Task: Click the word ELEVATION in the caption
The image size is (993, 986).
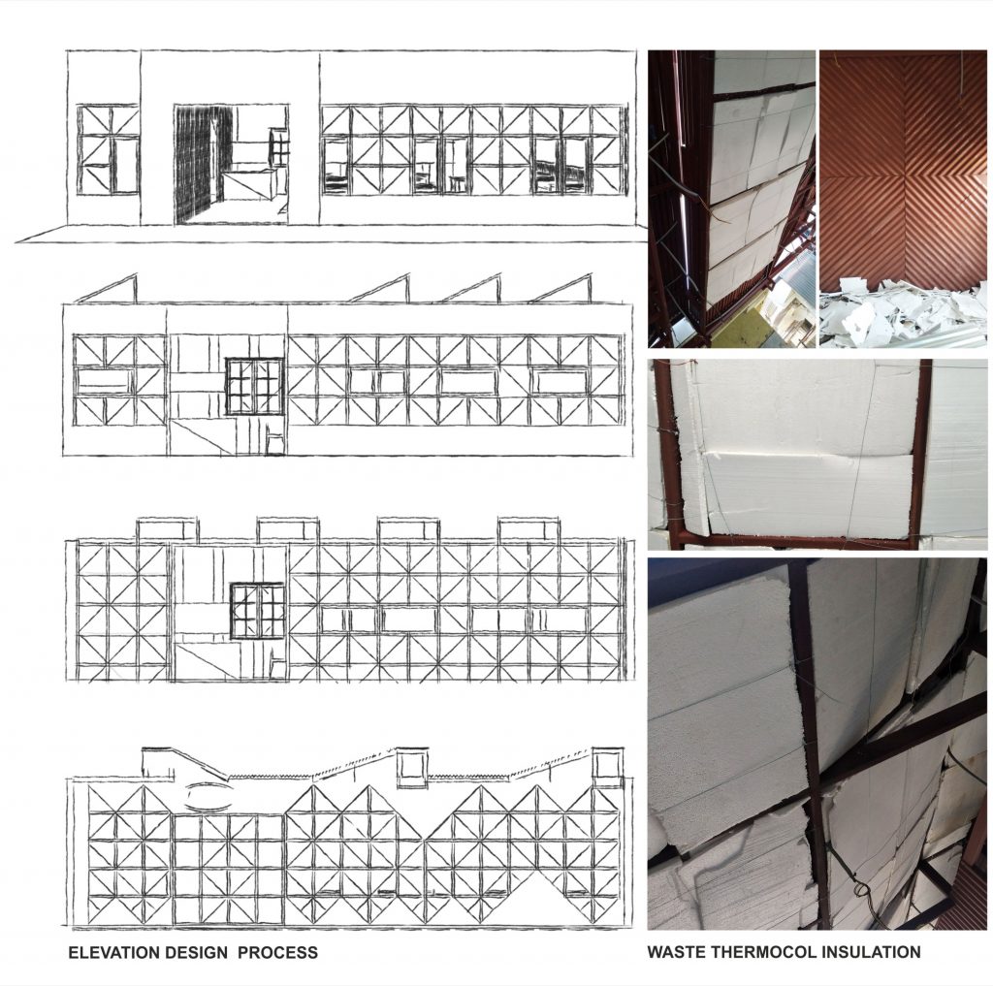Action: click(114, 952)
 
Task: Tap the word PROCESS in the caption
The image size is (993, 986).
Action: click(278, 952)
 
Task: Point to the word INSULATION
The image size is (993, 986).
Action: click(870, 951)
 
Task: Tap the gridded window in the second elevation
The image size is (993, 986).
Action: click(255, 386)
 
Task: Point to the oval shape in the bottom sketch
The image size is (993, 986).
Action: click(208, 795)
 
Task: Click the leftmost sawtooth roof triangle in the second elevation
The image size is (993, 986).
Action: click(108, 289)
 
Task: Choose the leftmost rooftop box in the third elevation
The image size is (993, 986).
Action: click(167, 529)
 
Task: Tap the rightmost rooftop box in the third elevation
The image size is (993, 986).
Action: click(529, 529)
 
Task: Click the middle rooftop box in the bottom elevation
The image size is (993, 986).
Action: click(412, 768)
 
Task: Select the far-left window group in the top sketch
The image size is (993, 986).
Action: click(109, 149)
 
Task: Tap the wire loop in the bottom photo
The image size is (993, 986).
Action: click(860, 889)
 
